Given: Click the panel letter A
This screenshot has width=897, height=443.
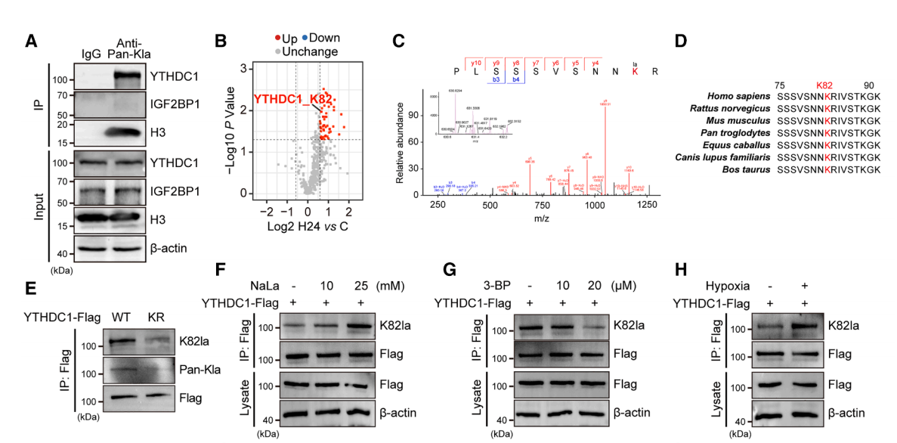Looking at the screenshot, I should point(32,42).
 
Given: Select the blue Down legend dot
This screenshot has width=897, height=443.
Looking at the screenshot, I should point(306,39).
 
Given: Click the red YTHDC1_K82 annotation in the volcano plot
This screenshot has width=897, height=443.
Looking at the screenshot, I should point(292,100).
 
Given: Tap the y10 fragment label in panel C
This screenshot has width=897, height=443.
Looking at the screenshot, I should point(476,61).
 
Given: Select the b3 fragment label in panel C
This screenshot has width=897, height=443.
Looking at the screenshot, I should point(496,78).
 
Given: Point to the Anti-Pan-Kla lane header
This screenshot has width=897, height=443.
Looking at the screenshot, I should point(133,47).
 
